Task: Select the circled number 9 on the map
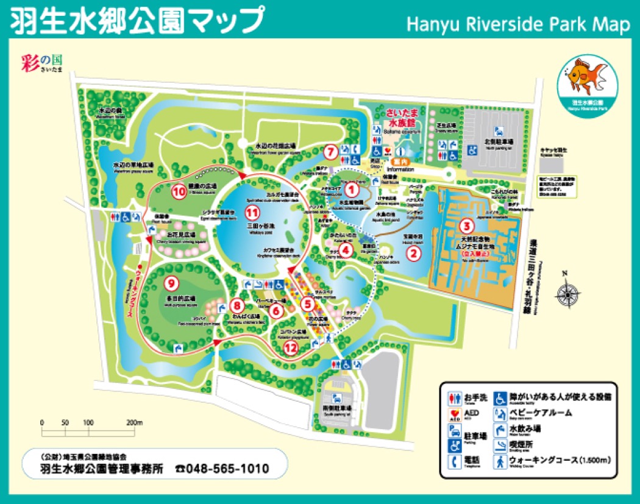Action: pos(171,282)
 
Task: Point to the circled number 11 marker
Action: pos(252,212)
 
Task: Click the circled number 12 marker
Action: pos(291,348)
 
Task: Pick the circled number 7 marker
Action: pos(330,151)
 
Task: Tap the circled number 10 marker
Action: pos(179,191)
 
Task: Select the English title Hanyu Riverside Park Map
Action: pos(517,24)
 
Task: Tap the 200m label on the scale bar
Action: pos(134,422)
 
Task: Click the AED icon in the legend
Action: pos(454,415)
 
